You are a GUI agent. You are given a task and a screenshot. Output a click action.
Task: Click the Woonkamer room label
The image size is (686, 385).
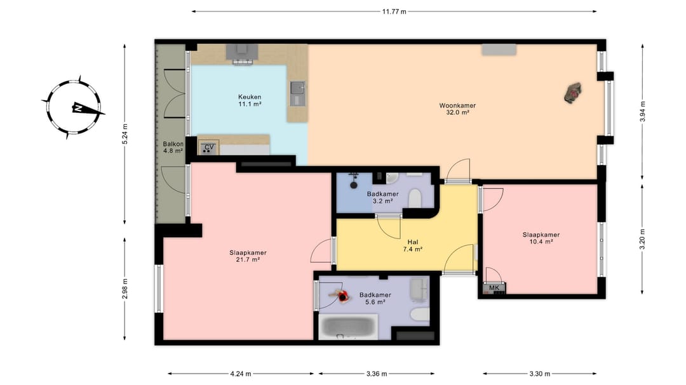(457, 105)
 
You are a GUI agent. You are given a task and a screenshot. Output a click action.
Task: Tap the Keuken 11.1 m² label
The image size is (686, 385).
(250, 100)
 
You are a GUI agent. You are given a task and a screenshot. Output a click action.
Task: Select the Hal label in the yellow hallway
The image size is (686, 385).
(413, 242)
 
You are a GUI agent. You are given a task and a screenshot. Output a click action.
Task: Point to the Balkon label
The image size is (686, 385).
(173, 144)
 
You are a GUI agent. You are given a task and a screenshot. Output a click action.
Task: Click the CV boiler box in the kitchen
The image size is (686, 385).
(209, 147)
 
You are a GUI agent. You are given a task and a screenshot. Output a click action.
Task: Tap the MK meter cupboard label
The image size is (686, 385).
(494, 288)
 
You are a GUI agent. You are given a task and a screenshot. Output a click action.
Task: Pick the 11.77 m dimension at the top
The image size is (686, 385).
(394, 12)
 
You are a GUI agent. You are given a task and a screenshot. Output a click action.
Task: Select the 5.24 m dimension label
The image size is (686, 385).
(124, 134)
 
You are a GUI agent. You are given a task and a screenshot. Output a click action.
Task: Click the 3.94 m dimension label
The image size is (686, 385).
(643, 112)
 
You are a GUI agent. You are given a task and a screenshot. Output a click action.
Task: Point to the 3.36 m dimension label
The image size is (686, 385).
(377, 374)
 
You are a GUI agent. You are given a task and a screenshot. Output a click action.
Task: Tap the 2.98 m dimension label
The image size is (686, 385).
(124, 289)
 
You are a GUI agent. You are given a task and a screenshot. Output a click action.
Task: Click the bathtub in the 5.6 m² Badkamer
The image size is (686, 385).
(348, 327)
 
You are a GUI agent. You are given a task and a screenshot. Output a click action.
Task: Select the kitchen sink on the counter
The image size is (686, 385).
(297, 93)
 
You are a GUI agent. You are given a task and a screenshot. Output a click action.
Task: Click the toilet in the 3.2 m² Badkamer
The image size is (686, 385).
(414, 199)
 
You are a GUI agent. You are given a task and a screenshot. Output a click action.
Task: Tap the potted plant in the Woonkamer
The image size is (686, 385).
(573, 93)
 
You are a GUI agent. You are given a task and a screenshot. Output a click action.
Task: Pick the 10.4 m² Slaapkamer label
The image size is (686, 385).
(541, 238)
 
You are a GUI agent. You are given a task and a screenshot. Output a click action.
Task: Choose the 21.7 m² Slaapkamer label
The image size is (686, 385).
(248, 256)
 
